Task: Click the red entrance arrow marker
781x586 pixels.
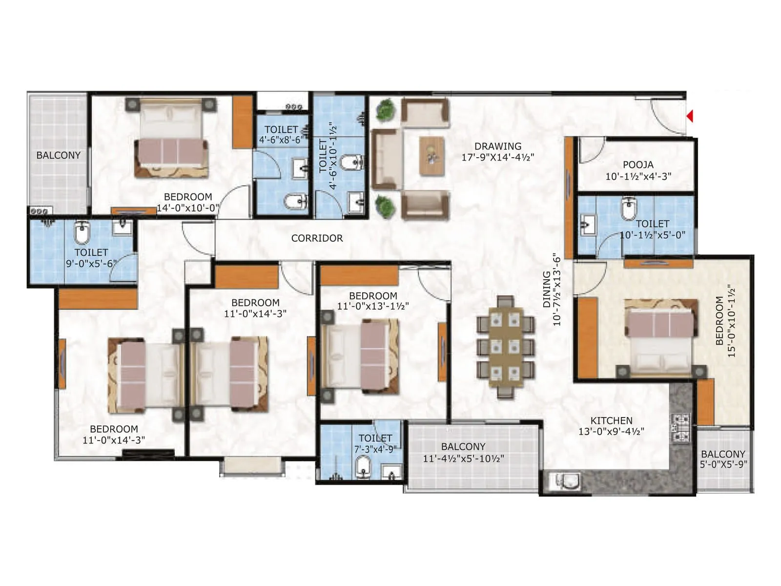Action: point(690,116)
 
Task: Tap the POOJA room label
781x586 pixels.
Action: point(638,165)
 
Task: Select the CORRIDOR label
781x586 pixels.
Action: point(317,238)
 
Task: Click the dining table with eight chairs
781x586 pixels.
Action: point(505,347)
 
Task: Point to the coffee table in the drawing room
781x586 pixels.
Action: point(432,156)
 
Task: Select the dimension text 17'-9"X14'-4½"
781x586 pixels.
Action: point(498,157)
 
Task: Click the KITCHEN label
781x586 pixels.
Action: point(611,420)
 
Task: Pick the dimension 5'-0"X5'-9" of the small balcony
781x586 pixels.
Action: point(723,464)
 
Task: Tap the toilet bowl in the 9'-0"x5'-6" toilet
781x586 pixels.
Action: point(82,233)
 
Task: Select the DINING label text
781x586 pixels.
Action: point(547,289)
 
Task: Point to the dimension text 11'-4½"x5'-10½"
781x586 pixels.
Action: point(463,459)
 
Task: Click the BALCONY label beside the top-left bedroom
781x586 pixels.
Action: point(58,155)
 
